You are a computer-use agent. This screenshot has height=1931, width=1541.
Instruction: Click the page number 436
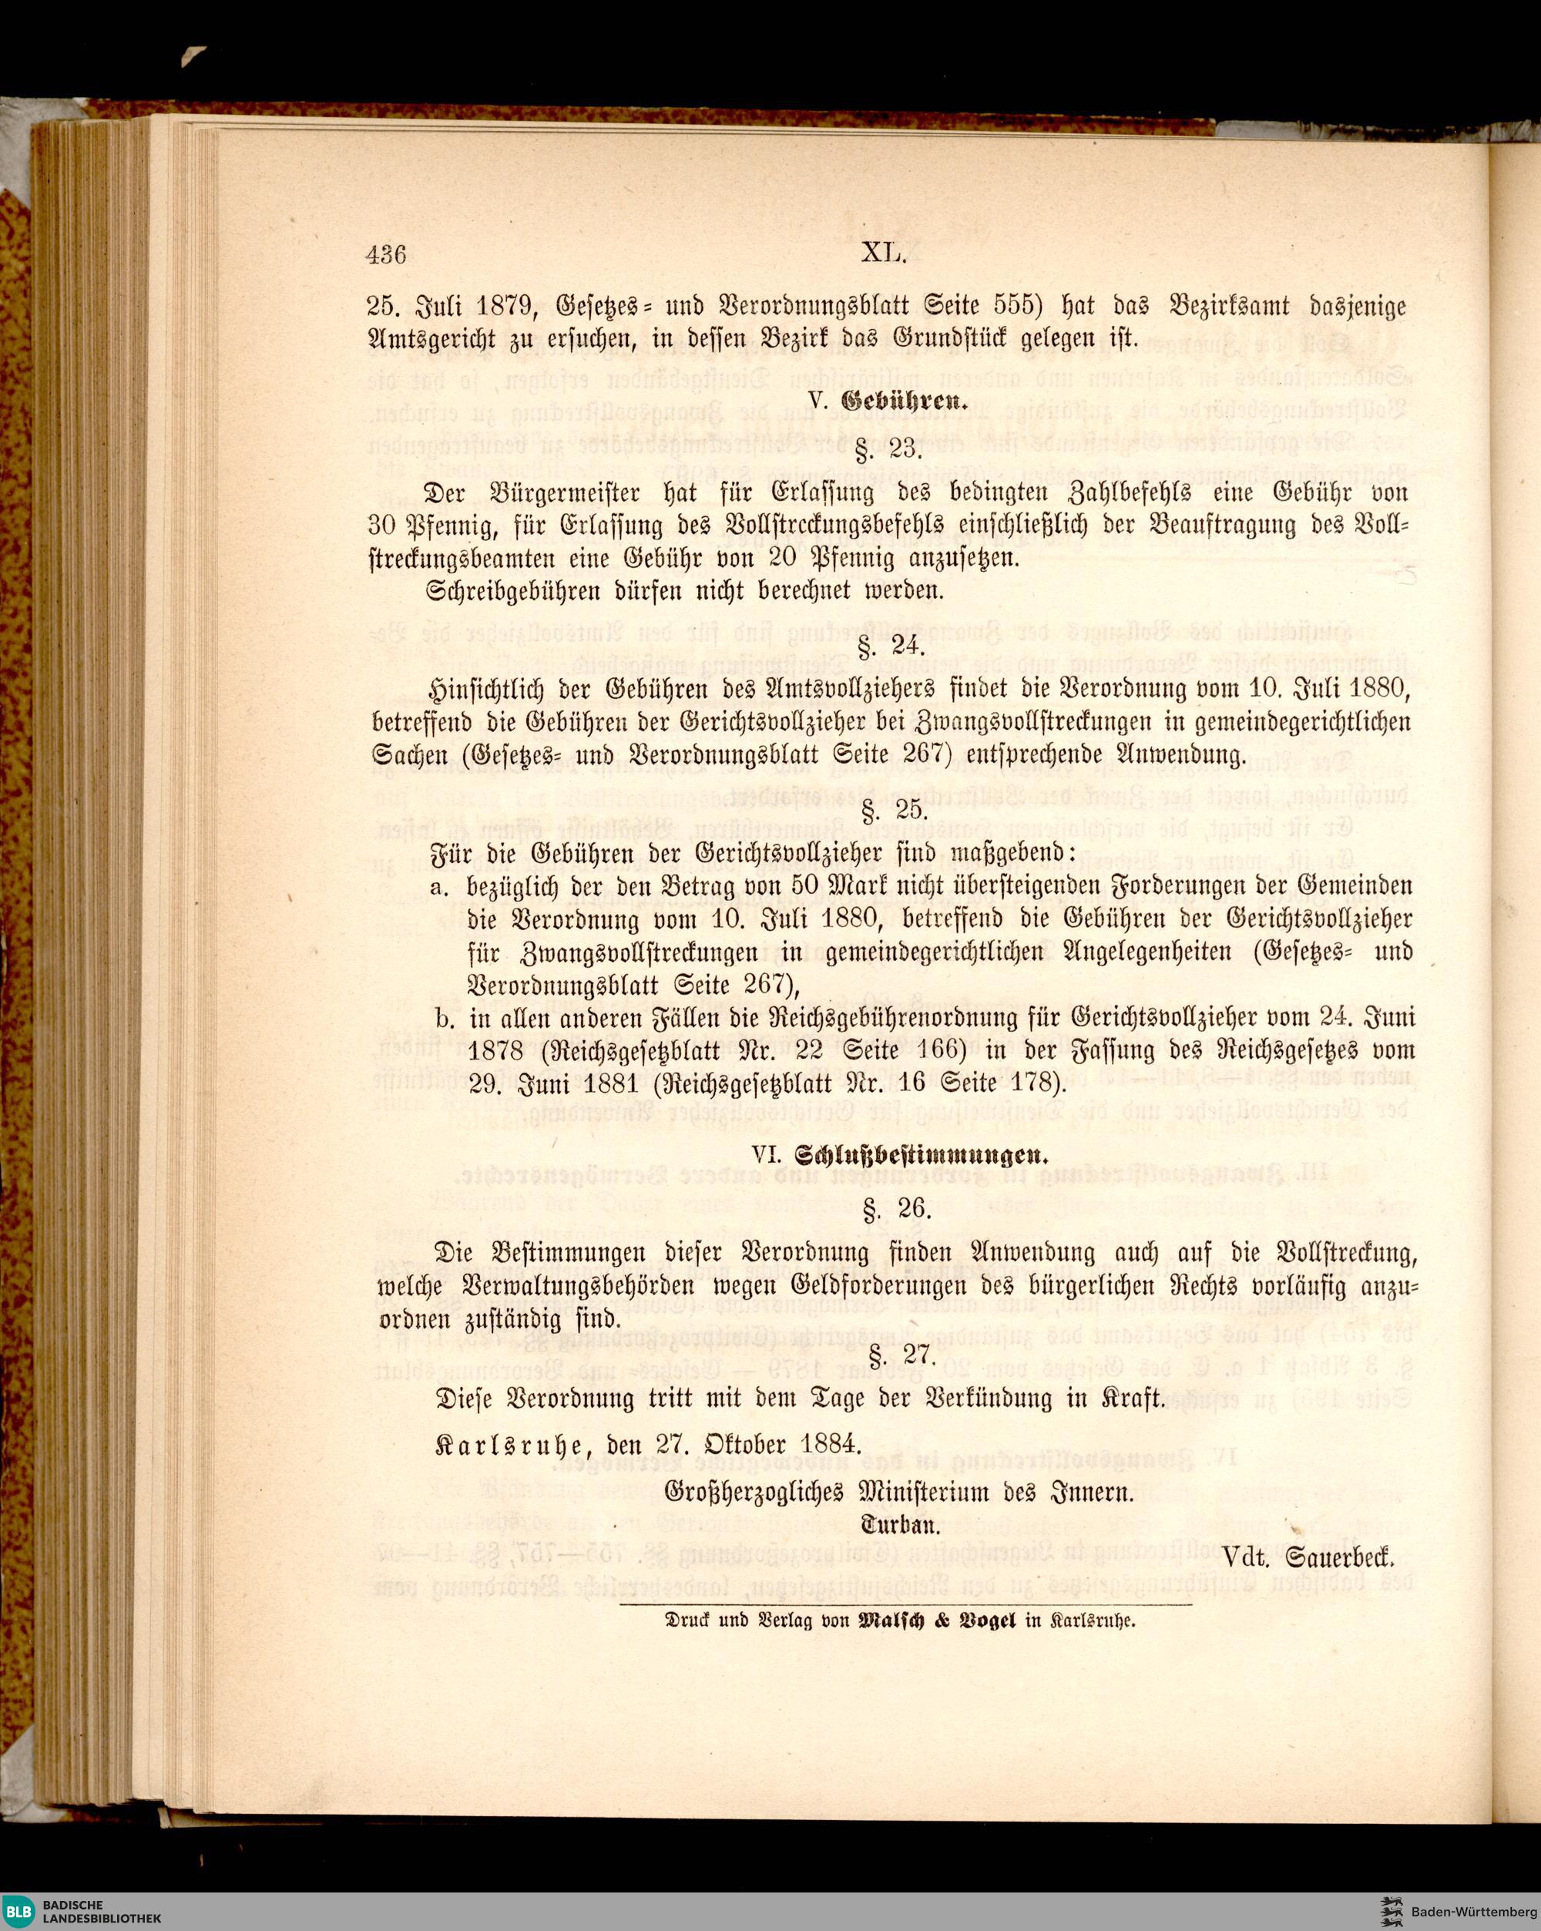387,255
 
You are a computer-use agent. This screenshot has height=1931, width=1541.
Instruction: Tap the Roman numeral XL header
885,254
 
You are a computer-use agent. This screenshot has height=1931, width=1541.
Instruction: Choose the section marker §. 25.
884,811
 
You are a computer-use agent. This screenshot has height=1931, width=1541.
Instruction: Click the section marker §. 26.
884,1211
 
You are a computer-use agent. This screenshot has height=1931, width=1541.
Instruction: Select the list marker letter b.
440,1019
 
